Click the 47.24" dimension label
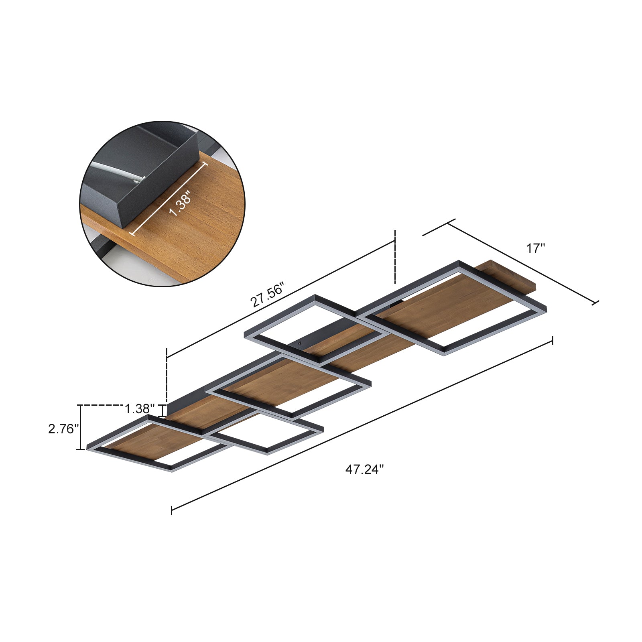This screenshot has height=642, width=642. point(364,469)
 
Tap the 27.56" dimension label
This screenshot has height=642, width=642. point(267,295)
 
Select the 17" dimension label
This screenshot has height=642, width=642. point(536,248)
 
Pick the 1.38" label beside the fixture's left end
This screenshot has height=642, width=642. point(140,409)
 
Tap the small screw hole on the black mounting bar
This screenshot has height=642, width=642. point(300,344)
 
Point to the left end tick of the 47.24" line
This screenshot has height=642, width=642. point(171,510)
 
